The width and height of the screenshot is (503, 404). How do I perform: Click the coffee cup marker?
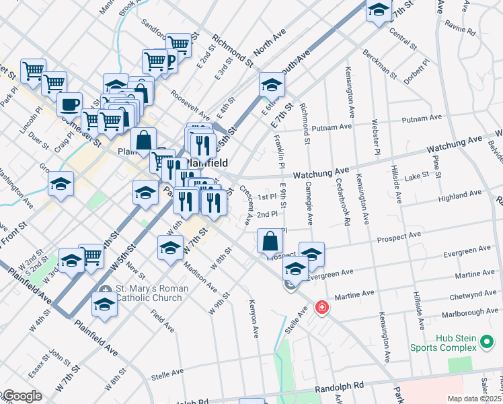coord(69,105)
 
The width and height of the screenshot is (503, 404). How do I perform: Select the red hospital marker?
coord(323,308)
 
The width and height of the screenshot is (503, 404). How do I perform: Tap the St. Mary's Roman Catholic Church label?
coord(151,294)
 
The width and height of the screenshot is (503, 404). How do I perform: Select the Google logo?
coord(22,396)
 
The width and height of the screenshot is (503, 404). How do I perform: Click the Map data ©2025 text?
coord(474,399)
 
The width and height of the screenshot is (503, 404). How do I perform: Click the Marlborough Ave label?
coord(470,313)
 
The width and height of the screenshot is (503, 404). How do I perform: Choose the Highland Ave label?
coord(459,195)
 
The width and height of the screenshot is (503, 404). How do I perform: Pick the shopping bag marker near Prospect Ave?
coord(270,241)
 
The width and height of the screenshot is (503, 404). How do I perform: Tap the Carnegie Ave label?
coord(309,203)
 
